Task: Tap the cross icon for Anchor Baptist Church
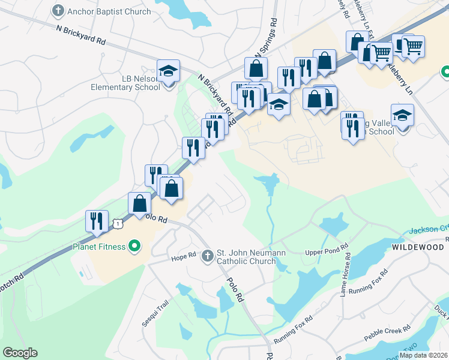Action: (x=58, y=10)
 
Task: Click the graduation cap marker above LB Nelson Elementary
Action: (x=169, y=71)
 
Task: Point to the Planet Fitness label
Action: (x=99, y=247)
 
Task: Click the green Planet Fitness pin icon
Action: (x=135, y=246)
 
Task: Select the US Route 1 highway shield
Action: (x=119, y=223)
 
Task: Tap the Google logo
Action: (x=20, y=353)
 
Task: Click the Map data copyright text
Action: (x=424, y=355)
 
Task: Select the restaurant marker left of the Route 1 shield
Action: (x=97, y=221)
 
